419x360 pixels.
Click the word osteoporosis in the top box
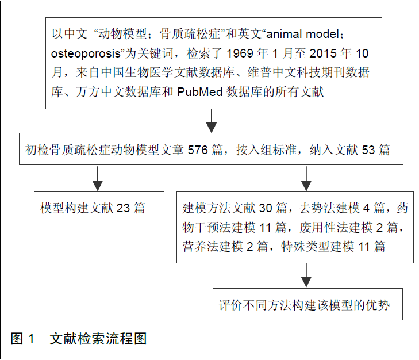point(83,55)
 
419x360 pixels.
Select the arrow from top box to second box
point(212,121)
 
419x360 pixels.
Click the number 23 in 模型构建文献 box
point(123,208)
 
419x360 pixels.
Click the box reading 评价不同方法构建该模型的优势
point(305,304)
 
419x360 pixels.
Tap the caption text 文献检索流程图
point(98,339)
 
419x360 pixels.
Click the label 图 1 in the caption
point(24,339)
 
